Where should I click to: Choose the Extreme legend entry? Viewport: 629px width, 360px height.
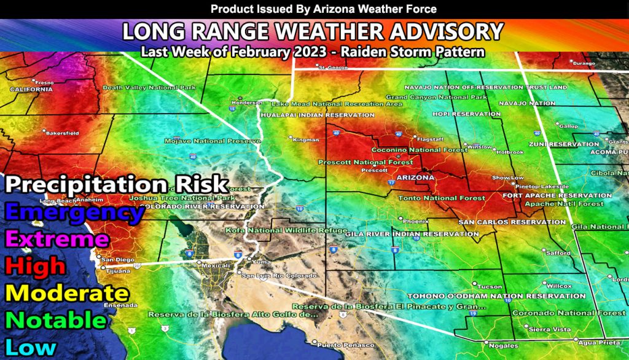(57, 239)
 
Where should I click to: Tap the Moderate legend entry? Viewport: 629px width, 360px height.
(66, 293)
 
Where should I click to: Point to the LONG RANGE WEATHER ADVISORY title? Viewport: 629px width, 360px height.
(313, 31)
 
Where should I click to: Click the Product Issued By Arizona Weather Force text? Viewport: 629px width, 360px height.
(314, 9)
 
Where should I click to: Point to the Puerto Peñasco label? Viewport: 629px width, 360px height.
(338, 343)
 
